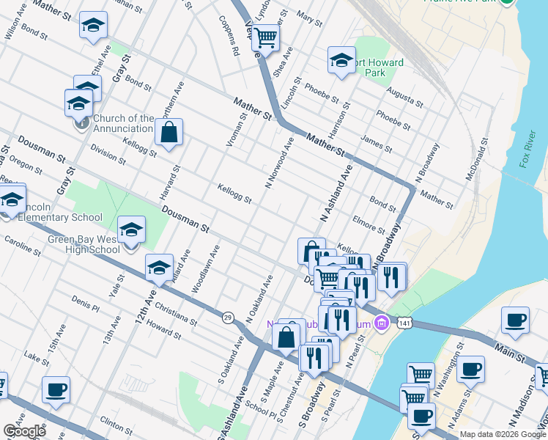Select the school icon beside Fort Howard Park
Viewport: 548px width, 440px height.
pyautogui.click(x=341, y=62)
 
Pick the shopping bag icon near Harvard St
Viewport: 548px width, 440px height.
pyautogui.click(x=169, y=133)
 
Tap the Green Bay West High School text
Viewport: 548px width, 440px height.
pyautogui.click(x=84, y=244)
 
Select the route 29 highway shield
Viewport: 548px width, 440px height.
pyautogui.click(x=228, y=317)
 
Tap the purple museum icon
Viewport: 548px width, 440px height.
pyautogui.click(x=380, y=323)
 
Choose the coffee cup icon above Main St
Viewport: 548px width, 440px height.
pyautogui.click(x=515, y=320)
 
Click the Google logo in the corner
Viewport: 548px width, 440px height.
pyautogui.click(x=23, y=431)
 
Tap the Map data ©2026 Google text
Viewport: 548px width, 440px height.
pyautogui.click(x=502, y=434)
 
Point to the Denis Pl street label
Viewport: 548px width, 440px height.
pyautogui.click(x=85, y=304)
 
